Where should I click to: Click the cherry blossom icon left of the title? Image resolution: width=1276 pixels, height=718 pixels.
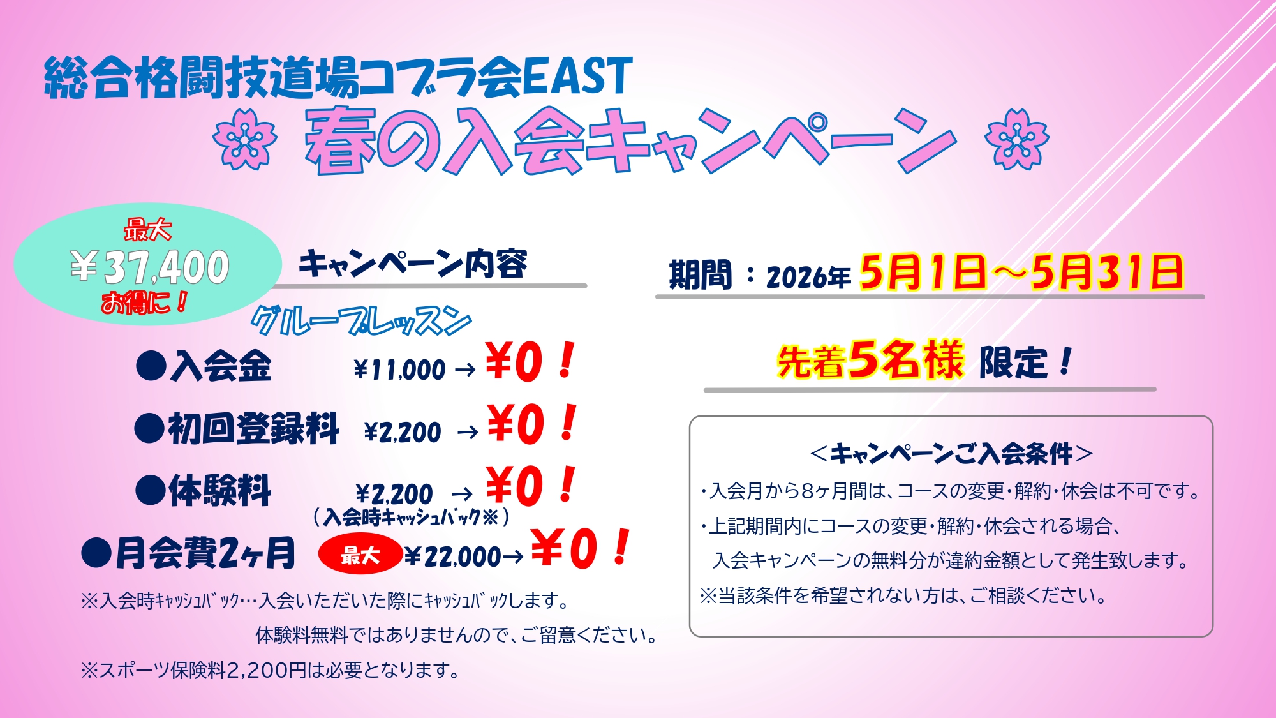point(245,139)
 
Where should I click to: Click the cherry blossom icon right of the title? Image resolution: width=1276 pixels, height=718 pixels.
point(1017,139)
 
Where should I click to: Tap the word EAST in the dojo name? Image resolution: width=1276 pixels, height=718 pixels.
point(577,77)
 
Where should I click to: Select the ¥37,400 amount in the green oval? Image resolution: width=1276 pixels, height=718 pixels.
point(149,267)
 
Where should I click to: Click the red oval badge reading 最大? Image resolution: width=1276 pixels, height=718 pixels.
point(360,555)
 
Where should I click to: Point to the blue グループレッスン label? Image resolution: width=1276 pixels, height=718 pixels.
point(361,321)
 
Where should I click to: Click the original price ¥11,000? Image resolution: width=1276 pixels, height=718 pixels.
point(399,370)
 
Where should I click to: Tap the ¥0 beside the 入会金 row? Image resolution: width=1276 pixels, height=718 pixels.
point(514,362)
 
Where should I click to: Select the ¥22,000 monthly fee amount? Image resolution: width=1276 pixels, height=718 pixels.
point(453,557)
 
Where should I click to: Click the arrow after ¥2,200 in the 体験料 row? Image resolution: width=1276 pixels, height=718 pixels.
point(462,494)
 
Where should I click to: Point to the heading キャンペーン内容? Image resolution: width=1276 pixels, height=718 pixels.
point(413,264)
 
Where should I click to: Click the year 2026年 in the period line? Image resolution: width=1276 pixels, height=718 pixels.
point(808,277)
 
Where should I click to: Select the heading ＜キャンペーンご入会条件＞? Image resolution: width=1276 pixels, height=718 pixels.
point(951,454)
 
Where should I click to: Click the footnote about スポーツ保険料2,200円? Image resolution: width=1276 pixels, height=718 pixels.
point(271,670)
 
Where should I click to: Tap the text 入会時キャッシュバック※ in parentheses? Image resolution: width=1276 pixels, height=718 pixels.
point(411,516)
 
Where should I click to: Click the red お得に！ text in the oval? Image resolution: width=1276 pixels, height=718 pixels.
point(145,302)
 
